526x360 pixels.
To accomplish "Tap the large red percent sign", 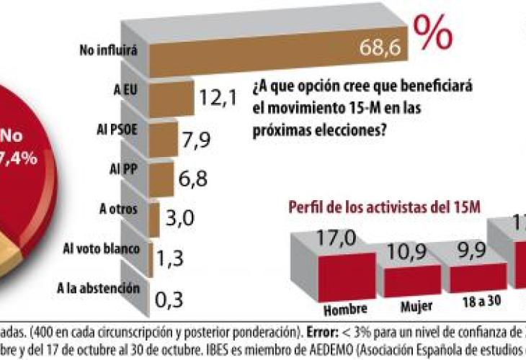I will (433, 32).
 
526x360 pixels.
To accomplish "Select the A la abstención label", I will (97, 289).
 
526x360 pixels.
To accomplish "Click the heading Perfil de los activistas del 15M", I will (385, 209).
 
